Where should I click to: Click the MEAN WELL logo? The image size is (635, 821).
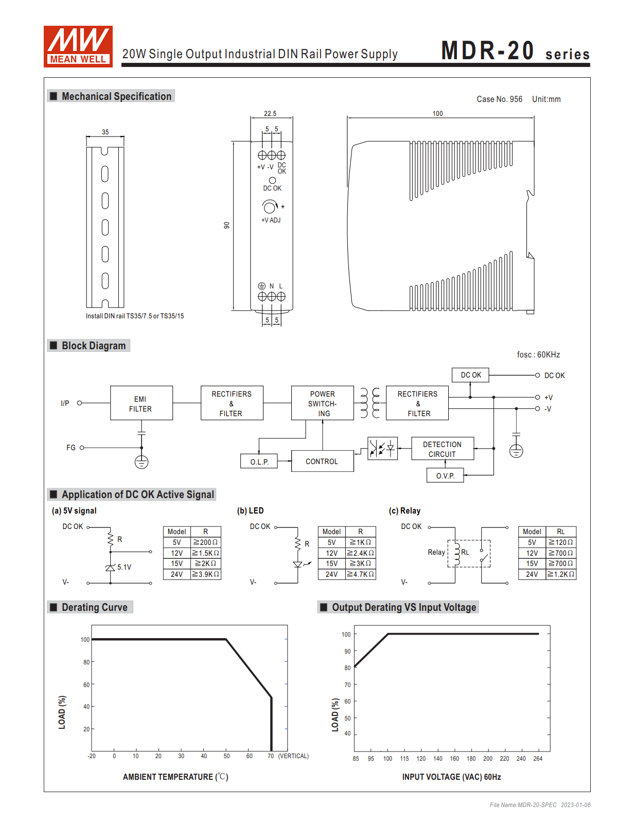point(78,46)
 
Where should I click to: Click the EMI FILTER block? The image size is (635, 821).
point(141,403)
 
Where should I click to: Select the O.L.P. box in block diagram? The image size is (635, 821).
point(259,461)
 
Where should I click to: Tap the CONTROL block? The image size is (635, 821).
point(322,461)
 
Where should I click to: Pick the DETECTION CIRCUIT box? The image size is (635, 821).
point(442,449)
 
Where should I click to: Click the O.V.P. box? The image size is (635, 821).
point(445,475)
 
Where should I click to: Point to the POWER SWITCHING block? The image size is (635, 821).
point(323,403)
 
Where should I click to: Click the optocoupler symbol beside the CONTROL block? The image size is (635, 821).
point(382,449)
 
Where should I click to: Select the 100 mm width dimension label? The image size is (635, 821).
point(437,113)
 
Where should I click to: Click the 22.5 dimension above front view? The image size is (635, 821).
point(270,113)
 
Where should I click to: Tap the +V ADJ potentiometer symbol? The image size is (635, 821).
point(270,207)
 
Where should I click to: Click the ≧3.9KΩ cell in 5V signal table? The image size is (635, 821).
point(205,574)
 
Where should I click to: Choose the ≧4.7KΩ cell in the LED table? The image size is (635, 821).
point(360,574)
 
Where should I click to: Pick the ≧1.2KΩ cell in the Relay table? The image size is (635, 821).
point(560,574)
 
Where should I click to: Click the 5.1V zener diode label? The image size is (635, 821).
point(124,567)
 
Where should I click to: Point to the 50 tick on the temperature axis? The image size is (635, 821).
point(226,756)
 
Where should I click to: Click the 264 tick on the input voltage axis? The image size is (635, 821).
point(538,759)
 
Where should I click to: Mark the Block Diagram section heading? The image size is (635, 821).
point(93,346)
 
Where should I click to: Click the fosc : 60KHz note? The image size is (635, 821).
point(538,354)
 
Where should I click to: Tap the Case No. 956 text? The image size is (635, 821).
point(499,99)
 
